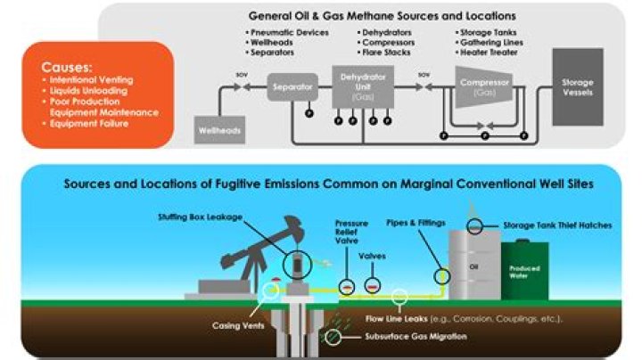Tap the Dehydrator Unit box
pos(360,89)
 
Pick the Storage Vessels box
pos(577,86)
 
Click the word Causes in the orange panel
pos(67,69)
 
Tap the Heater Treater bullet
pos(487,51)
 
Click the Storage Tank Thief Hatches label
pos(559,225)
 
